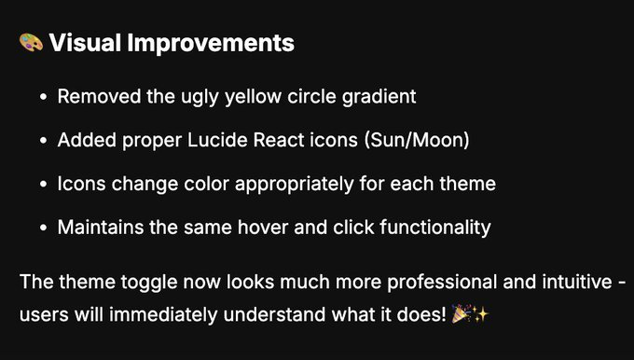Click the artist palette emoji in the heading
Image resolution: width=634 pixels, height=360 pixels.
pos(31,43)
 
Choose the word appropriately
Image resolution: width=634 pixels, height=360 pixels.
pos(304,184)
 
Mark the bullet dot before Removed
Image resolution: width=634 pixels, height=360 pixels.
pos(44,97)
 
